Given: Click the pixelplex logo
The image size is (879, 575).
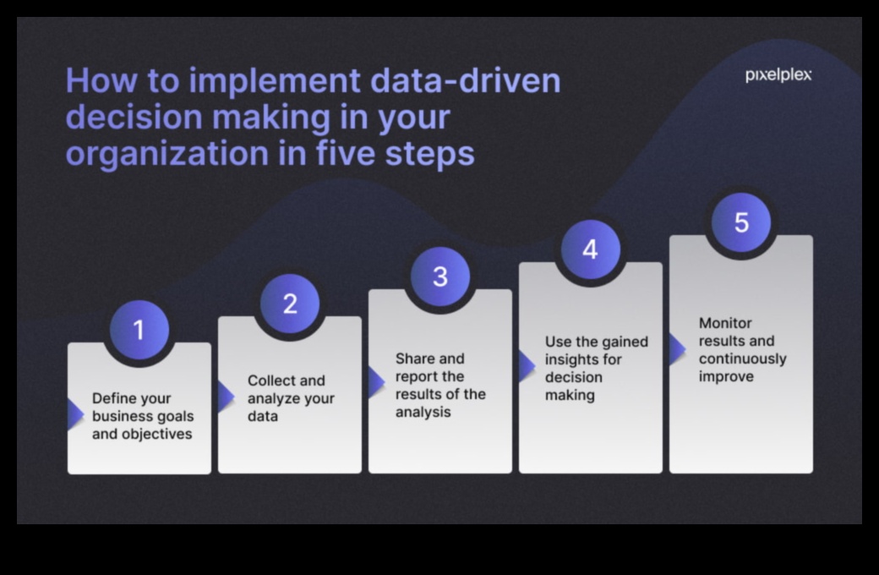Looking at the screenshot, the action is point(778,75).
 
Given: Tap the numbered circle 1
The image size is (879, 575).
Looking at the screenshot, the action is point(139,330).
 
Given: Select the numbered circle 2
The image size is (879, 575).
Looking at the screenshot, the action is point(290,304).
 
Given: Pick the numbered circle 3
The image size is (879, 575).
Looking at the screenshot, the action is point(440,277).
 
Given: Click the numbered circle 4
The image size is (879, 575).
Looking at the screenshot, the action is point(590,249).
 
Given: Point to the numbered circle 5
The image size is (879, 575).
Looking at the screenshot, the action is point(741,222).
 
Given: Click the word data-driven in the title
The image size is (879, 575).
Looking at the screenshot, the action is point(466,81).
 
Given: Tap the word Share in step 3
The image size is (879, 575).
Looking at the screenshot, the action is point(413,359).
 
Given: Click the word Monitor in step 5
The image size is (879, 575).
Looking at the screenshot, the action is point(725,323).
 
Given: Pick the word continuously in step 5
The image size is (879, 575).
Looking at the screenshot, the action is point(743,359).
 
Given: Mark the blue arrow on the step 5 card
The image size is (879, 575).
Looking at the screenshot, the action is point(678,349).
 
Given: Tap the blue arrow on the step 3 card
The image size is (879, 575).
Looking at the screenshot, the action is point(377,382).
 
